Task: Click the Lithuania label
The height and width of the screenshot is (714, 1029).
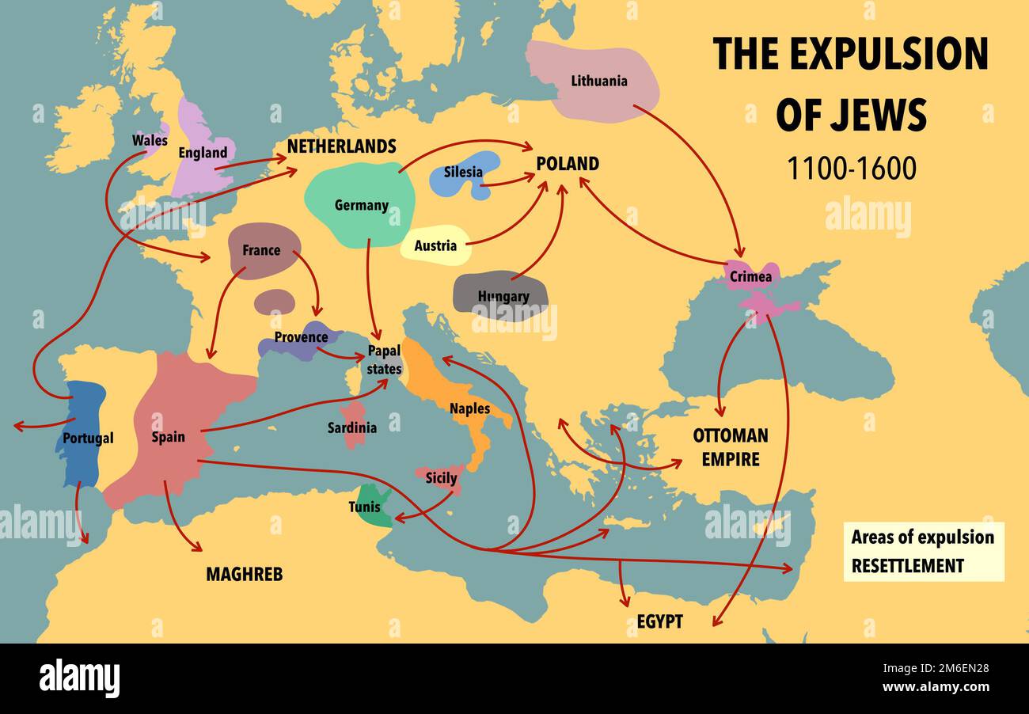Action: [598, 81]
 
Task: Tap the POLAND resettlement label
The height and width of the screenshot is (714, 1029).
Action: [567, 164]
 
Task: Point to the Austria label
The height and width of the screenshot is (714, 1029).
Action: [435, 245]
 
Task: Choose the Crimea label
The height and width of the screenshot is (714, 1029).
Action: [750, 277]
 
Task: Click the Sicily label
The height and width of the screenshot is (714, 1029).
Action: [441, 478]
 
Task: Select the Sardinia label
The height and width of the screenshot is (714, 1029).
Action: [352, 427]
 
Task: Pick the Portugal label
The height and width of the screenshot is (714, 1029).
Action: [88, 438]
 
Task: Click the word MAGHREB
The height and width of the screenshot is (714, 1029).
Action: [244, 574]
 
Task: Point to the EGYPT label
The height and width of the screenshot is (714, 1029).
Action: [659, 621]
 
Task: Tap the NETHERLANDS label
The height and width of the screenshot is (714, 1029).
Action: [341, 146]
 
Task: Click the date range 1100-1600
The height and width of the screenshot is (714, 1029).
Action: [851, 169]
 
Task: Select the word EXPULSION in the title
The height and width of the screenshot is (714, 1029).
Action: [889, 54]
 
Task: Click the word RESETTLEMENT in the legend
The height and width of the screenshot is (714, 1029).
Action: [907, 565]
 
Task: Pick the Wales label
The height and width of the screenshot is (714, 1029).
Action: [150, 140]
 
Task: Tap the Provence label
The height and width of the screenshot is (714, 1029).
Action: [301, 337]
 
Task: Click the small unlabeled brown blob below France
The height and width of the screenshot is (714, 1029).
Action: [275, 302]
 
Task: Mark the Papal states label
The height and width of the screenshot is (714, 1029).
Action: [384, 361]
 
